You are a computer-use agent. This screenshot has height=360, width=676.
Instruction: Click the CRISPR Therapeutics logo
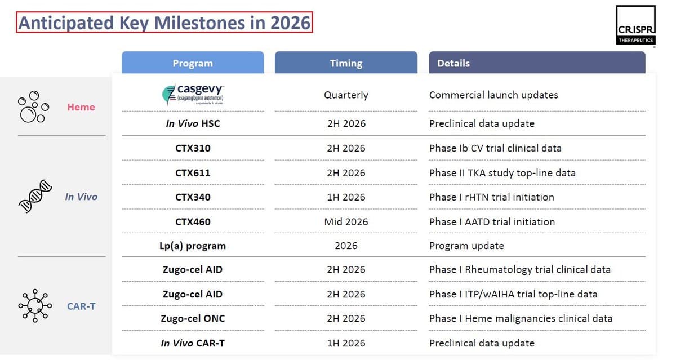[635, 25]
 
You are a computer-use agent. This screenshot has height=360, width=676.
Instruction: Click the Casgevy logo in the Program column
[193, 95]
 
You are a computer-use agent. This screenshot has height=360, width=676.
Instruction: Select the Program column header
[193, 63]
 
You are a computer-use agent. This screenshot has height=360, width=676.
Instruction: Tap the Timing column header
[346, 63]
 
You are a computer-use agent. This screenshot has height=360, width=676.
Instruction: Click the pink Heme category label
[81, 107]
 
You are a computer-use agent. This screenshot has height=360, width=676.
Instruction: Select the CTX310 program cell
[192, 148]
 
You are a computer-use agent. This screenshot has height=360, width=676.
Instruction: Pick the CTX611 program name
[192, 173]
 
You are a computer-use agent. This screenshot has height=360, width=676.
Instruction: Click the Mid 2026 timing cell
[346, 221]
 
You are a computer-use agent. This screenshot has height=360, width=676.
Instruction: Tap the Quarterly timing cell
[346, 95]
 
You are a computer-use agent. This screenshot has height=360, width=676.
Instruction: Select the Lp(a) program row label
[192, 246]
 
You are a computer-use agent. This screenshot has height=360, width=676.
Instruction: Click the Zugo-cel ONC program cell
[192, 318]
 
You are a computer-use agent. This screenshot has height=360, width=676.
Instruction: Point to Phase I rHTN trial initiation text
[491, 197]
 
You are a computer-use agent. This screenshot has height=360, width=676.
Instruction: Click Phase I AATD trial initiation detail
[492, 221]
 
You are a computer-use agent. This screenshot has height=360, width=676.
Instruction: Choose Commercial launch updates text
[493, 95]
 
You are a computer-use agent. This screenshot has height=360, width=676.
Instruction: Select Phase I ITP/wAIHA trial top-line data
[513, 294]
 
